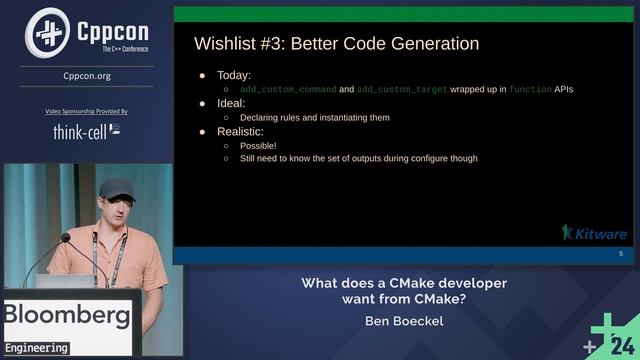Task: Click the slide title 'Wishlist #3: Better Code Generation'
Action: click(335, 44)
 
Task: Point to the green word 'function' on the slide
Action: click(529, 90)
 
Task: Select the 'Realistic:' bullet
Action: click(240, 132)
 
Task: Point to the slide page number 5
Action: click(620, 255)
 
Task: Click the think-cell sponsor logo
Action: click(86, 131)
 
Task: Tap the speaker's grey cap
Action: click(115, 188)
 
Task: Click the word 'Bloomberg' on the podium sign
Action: click(66, 317)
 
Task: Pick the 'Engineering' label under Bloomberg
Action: click(35, 348)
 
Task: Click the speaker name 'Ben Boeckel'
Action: click(404, 322)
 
